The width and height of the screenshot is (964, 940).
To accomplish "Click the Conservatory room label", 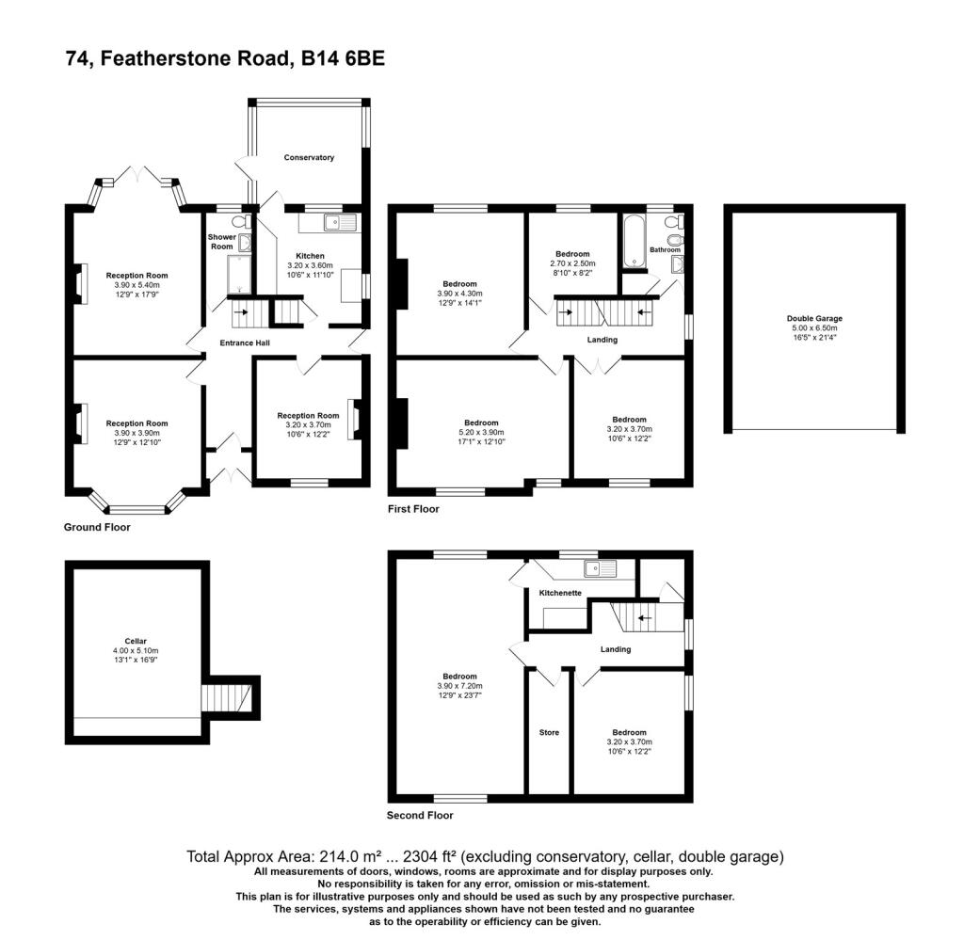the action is [309, 157].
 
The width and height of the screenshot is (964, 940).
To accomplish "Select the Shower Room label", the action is [222, 242].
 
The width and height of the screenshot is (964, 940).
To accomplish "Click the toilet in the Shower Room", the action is [242, 221].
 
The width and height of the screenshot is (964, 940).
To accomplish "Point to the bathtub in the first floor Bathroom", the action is [634, 243].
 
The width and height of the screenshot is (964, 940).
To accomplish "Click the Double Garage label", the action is [814, 318].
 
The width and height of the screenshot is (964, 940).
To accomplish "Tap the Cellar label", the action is [136, 641].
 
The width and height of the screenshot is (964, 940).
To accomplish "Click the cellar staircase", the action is [227, 698].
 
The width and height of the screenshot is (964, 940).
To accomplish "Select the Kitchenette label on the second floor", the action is [560, 593].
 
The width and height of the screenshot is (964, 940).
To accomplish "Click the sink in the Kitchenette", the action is [600, 569].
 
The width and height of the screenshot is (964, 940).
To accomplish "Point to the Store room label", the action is [549, 732].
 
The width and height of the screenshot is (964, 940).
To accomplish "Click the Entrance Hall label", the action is [245, 343].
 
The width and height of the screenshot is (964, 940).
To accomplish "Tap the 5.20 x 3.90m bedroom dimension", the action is [481, 432].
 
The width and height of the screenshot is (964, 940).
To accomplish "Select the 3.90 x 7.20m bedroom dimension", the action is [459, 686].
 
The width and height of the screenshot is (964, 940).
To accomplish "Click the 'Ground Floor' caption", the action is [97, 527].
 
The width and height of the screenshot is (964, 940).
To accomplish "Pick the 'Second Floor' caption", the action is [420, 815].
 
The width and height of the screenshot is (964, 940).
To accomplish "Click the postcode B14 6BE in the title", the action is [343, 58].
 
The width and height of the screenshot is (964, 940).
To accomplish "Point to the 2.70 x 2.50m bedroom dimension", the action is [572, 263].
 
